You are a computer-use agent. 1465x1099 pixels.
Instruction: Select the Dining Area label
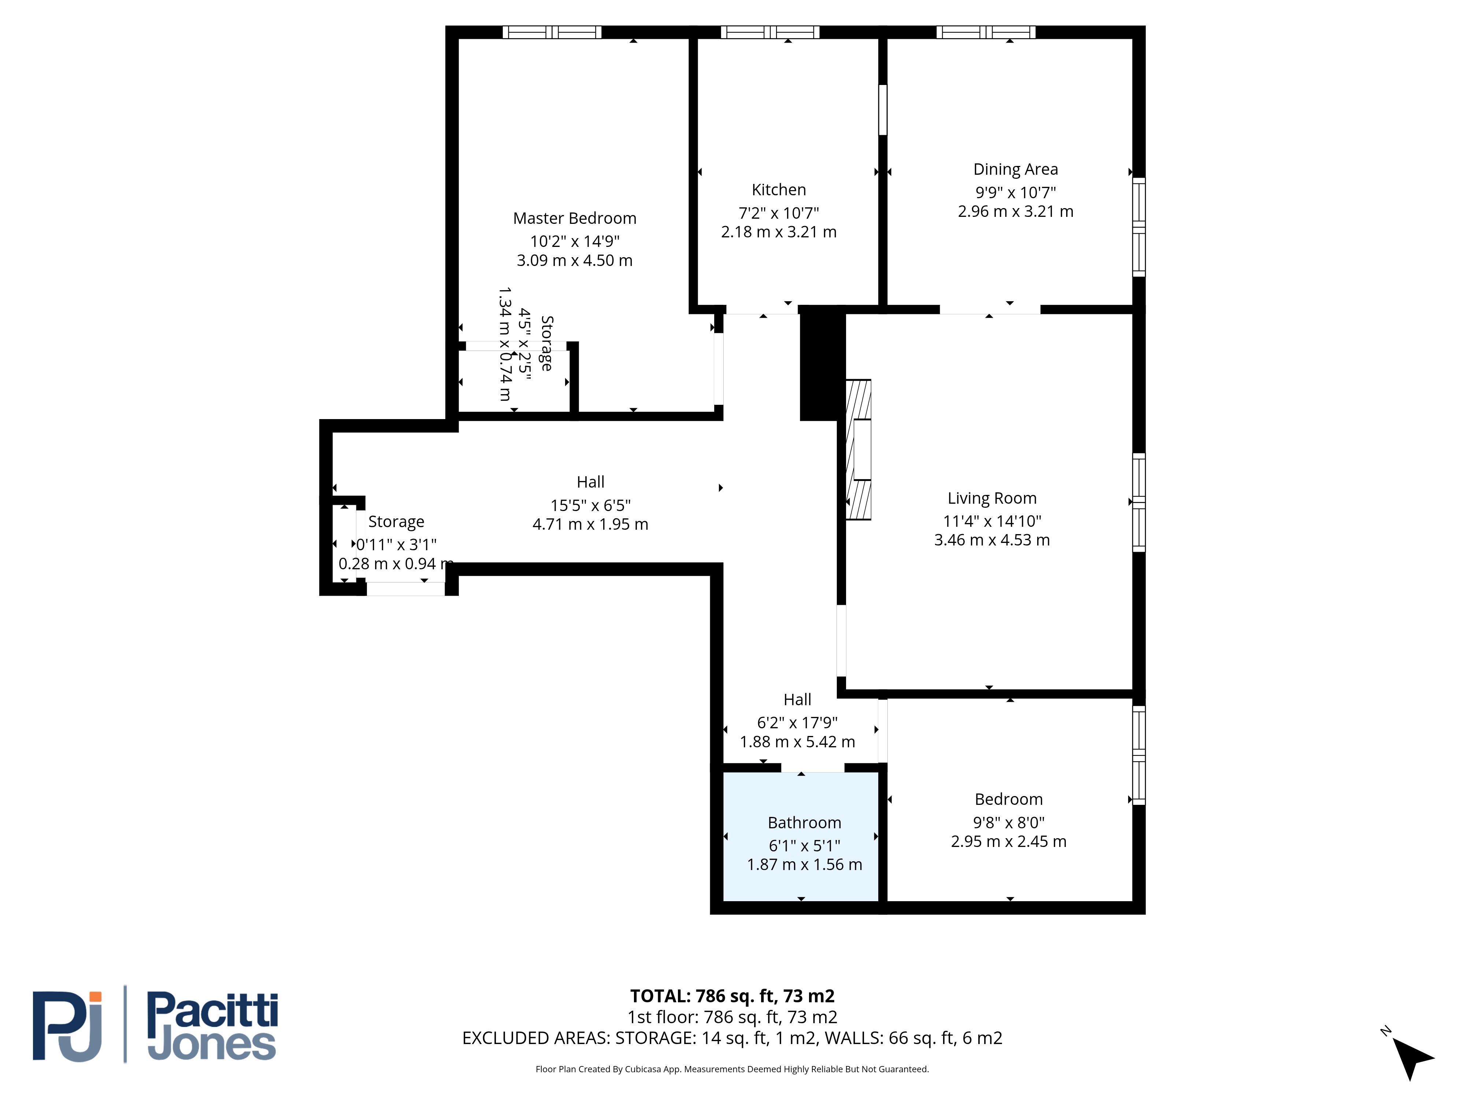(x=1015, y=170)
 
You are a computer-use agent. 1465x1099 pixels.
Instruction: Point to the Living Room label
(x=991, y=498)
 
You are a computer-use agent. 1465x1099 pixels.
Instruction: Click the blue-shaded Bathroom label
(x=804, y=823)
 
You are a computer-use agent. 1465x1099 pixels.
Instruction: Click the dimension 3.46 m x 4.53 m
(x=991, y=540)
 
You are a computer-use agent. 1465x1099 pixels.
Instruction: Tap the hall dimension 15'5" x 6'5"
(x=590, y=506)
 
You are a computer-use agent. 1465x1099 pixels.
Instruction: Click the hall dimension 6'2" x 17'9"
(x=797, y=723)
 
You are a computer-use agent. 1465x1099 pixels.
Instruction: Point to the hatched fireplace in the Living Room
(x=858, y=450)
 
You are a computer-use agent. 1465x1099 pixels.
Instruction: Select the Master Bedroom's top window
(x=552, y=32)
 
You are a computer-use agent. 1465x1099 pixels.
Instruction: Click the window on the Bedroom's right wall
(x=1138, y=755)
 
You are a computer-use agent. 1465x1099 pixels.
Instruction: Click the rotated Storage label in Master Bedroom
(x=546, y=343)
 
